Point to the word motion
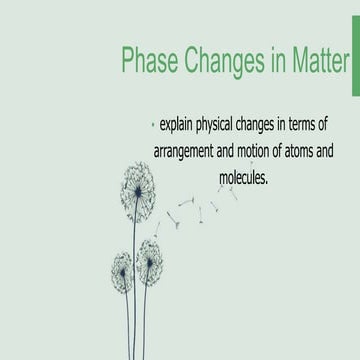(270, 153)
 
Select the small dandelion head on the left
(123, 271)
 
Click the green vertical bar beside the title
(355, 62)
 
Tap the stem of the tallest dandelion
(137, 280)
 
